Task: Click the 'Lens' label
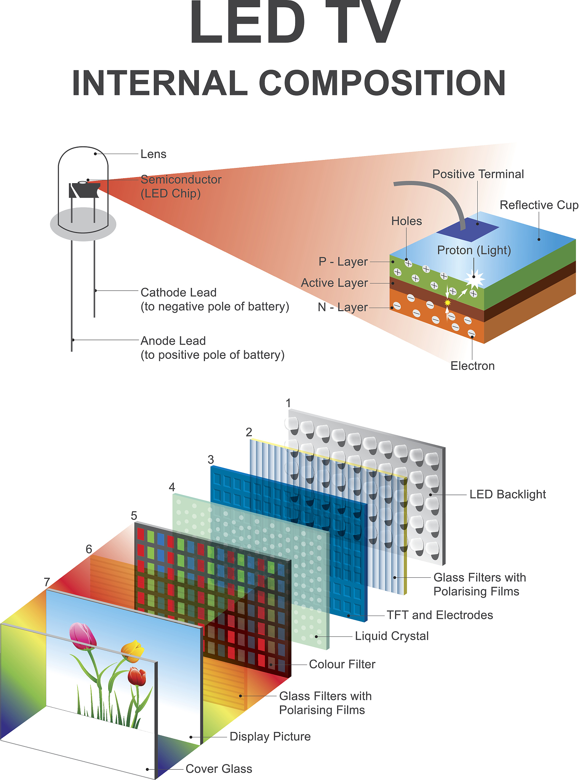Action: point(153,154)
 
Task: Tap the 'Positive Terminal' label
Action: point(478,174)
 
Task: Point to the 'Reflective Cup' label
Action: point(539,205)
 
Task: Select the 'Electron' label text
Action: point(472,366)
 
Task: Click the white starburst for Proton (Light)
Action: point(474,280)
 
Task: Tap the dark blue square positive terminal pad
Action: point(468,229)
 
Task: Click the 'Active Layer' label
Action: point(334,283)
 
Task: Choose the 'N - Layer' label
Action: point(342,307)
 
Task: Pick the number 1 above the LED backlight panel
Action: point(288,403)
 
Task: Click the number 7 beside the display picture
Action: point(47,582)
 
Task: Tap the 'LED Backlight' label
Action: point(507,494)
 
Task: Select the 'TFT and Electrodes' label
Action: point(440,615)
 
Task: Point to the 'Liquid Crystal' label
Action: point(392,636)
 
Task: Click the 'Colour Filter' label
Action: point(342,664)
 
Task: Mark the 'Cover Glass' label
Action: point(219,769)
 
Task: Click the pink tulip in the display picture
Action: point(82,636)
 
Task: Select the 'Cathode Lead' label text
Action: point(178,292)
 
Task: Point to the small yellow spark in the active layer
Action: point(448,302)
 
